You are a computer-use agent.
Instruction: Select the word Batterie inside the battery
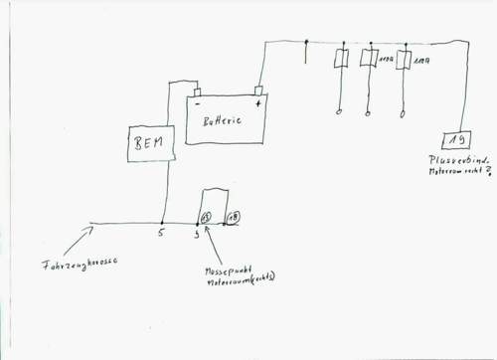pyautogui.click(x=223, y=123)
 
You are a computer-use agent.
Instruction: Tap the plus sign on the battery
pyautogui.click(x=258, y=104)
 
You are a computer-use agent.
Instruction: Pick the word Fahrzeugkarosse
pyautogui.click(x=80, y=265)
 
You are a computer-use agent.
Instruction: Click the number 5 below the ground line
pyautogui.click(x=160, y=236)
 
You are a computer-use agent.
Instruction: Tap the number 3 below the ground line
pyautogui.click(x=196, y=237)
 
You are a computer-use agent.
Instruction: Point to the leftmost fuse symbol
pyautogui.click(x=341, y=60)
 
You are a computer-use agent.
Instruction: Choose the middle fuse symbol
pyautogui.click(x=370, y=60)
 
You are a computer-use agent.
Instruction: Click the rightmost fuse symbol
pyautogui.click(x=403, y=60)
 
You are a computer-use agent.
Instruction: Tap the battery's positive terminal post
pyautogui.click(x=258, y=90)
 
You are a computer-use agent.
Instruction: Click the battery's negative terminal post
pyautogui.click(x=197, y=90)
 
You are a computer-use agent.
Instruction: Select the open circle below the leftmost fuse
pyautogui.click(x=341, y=112)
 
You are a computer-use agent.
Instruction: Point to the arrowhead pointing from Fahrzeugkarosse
pyautogui.click(x=95, y=229)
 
